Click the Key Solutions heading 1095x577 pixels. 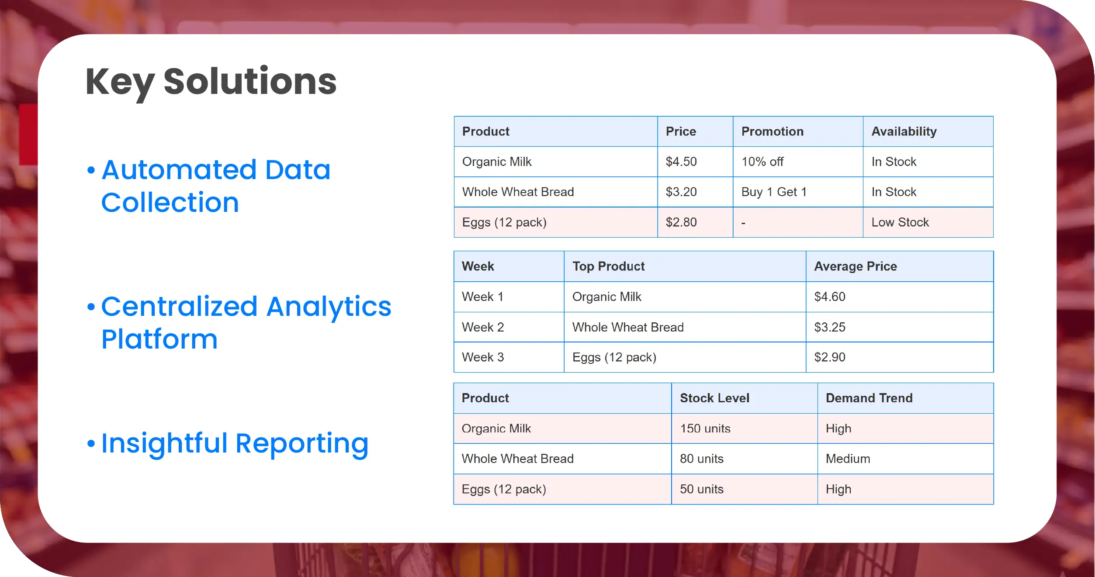click(211, 83)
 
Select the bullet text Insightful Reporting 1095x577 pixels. click(235, 444)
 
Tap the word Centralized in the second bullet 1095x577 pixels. click(180, 307)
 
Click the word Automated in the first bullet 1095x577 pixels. click(179, 169)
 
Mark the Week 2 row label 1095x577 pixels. click(483, 327)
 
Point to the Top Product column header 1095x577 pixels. click(609, 266)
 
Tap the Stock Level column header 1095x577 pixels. click(714, 398)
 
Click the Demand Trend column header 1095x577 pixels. click(869, 398)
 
